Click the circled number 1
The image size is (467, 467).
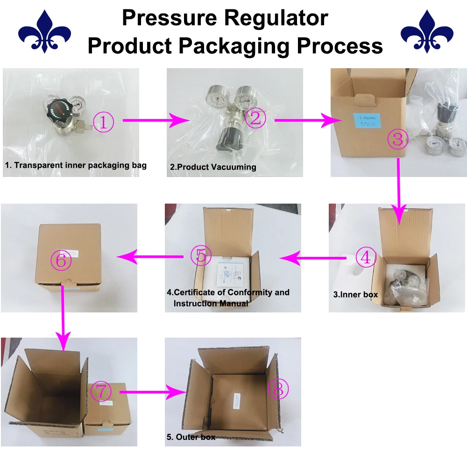[x=104, y=122]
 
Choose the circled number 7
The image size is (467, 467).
[x=101, y=392]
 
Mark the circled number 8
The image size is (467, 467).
[x=278, y=389]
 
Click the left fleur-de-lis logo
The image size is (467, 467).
[x=44, y=32]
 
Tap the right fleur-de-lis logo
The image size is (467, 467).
[x=427, y=32]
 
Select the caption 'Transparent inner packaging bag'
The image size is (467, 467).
[x=79, y=165]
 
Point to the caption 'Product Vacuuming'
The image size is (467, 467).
[x=215, y=167]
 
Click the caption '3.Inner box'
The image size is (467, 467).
[x=355, y=295]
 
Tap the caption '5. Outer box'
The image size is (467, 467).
[x=191, y=437]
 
